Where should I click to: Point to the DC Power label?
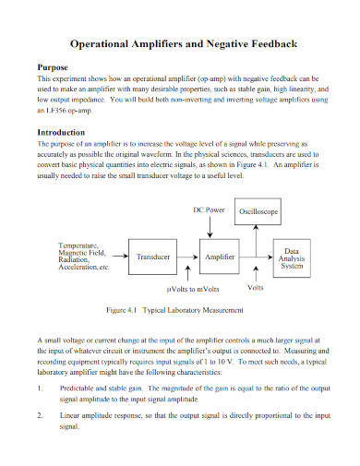pos(209,185)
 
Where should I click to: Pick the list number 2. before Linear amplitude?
pos(40,416)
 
